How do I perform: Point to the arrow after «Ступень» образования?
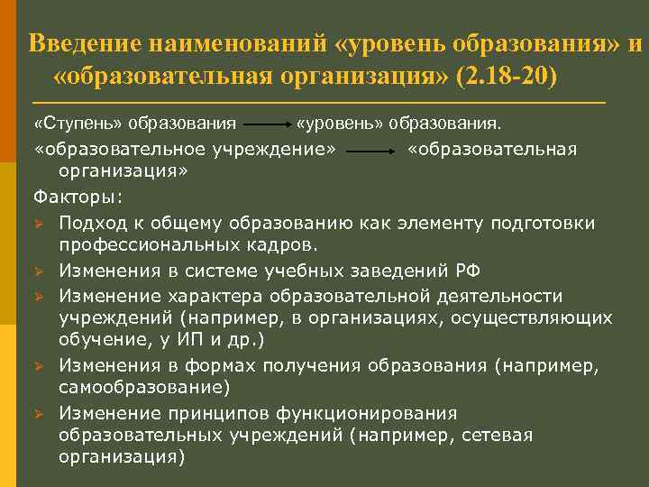[265, 122]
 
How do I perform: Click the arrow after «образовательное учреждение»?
[370, 151]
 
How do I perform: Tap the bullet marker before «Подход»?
[39, 223]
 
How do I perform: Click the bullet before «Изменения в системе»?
[39, 271]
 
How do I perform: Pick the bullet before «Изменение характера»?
[39, 296]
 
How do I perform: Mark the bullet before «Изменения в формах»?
[39, 365]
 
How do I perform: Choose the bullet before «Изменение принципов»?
[39, 413]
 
